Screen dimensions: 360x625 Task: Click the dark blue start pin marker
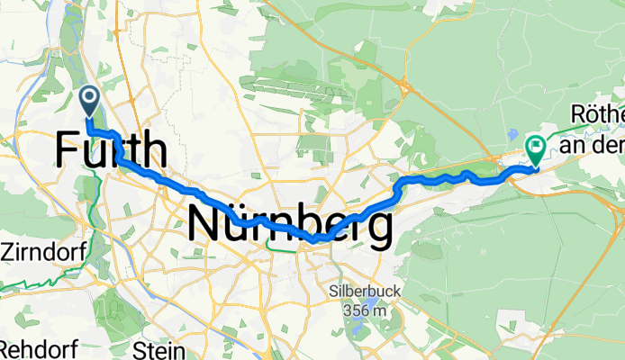(x=90, y=100)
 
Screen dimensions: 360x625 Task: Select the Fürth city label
(x=111, y=150)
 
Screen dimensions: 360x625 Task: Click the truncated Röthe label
(x=598, y=115)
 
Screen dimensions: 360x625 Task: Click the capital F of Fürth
(x=67, y=150)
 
